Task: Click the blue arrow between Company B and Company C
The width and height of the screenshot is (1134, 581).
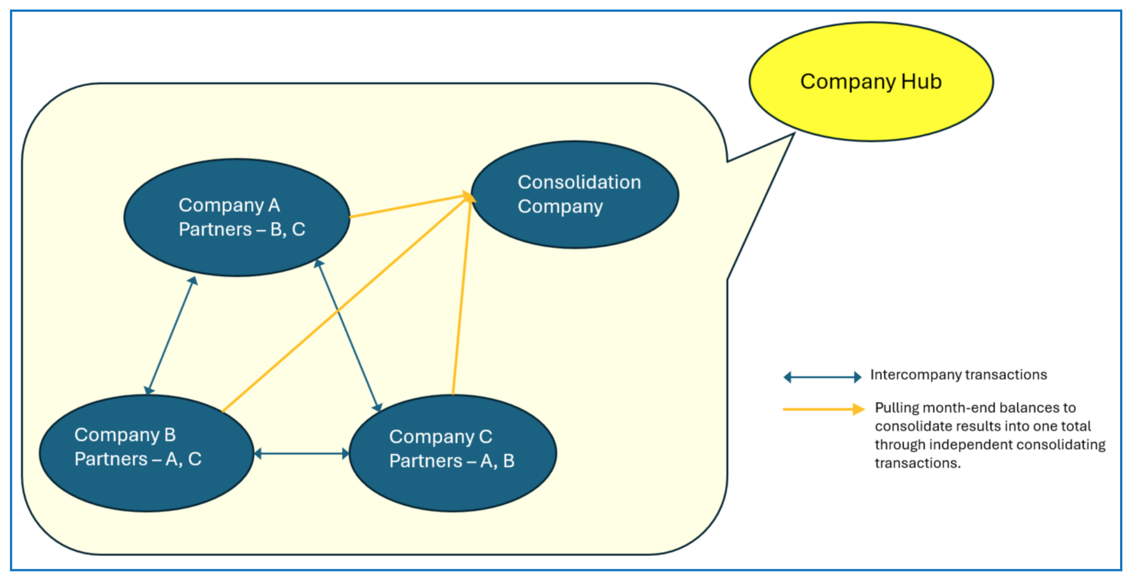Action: point(302,454)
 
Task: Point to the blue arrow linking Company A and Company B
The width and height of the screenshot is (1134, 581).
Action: point(171,336)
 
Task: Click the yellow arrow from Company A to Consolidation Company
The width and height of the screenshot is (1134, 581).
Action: point(410,206)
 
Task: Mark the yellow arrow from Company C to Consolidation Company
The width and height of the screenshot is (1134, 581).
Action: point(461,298)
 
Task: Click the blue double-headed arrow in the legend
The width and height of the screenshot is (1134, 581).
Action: point(822,377)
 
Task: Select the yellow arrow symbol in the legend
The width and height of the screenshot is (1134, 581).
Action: point(823,409)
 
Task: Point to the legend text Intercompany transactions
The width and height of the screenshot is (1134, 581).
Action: point(958,375)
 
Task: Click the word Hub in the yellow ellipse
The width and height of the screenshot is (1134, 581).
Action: point(921,82)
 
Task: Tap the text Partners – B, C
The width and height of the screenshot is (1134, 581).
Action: point(242,229)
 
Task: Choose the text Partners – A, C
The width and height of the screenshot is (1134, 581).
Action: point(138,459)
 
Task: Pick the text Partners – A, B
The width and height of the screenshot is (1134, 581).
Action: point(452,461)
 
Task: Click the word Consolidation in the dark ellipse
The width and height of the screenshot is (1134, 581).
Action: point(579,182)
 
